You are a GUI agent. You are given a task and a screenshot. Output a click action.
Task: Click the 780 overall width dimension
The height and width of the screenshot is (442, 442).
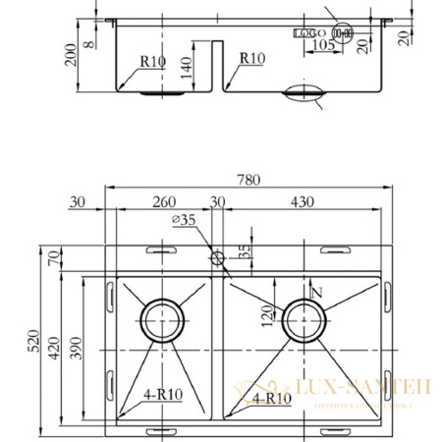(x=249, y=180)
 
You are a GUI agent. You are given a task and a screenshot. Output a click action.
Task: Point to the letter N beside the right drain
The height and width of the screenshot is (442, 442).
(x=316, y=292)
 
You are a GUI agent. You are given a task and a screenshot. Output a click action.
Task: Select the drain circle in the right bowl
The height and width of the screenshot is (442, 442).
(x=303, y=319)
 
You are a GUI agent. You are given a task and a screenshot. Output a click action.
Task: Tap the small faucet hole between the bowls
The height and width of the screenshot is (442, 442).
(x=217, y=257)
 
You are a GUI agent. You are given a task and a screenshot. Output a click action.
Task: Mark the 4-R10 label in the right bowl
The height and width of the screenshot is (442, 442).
(x=270, y=398)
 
